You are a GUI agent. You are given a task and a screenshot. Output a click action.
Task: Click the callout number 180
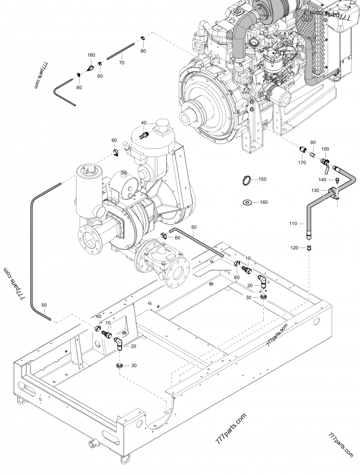click(91, 55)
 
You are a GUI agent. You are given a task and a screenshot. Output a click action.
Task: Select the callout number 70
click(121, 63)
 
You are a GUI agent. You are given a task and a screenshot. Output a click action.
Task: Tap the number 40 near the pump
click(144, 123)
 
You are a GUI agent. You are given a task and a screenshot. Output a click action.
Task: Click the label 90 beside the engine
click(313, 143)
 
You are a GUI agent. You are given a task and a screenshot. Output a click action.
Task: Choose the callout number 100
click(325, 149)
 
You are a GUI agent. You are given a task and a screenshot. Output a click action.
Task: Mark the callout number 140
click(322, 180)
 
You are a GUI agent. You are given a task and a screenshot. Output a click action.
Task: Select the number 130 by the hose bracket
click(316, 190)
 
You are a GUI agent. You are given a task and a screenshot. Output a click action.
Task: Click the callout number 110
click(293, 223)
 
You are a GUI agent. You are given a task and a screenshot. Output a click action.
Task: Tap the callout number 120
click(295, 248)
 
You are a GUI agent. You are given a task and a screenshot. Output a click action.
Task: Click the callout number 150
click(262, 179)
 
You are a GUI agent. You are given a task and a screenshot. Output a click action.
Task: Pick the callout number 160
click(263, 202)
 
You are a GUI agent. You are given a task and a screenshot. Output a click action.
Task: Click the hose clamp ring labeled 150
click(245, 180)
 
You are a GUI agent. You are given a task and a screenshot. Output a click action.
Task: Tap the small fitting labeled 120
click(309, 247)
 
